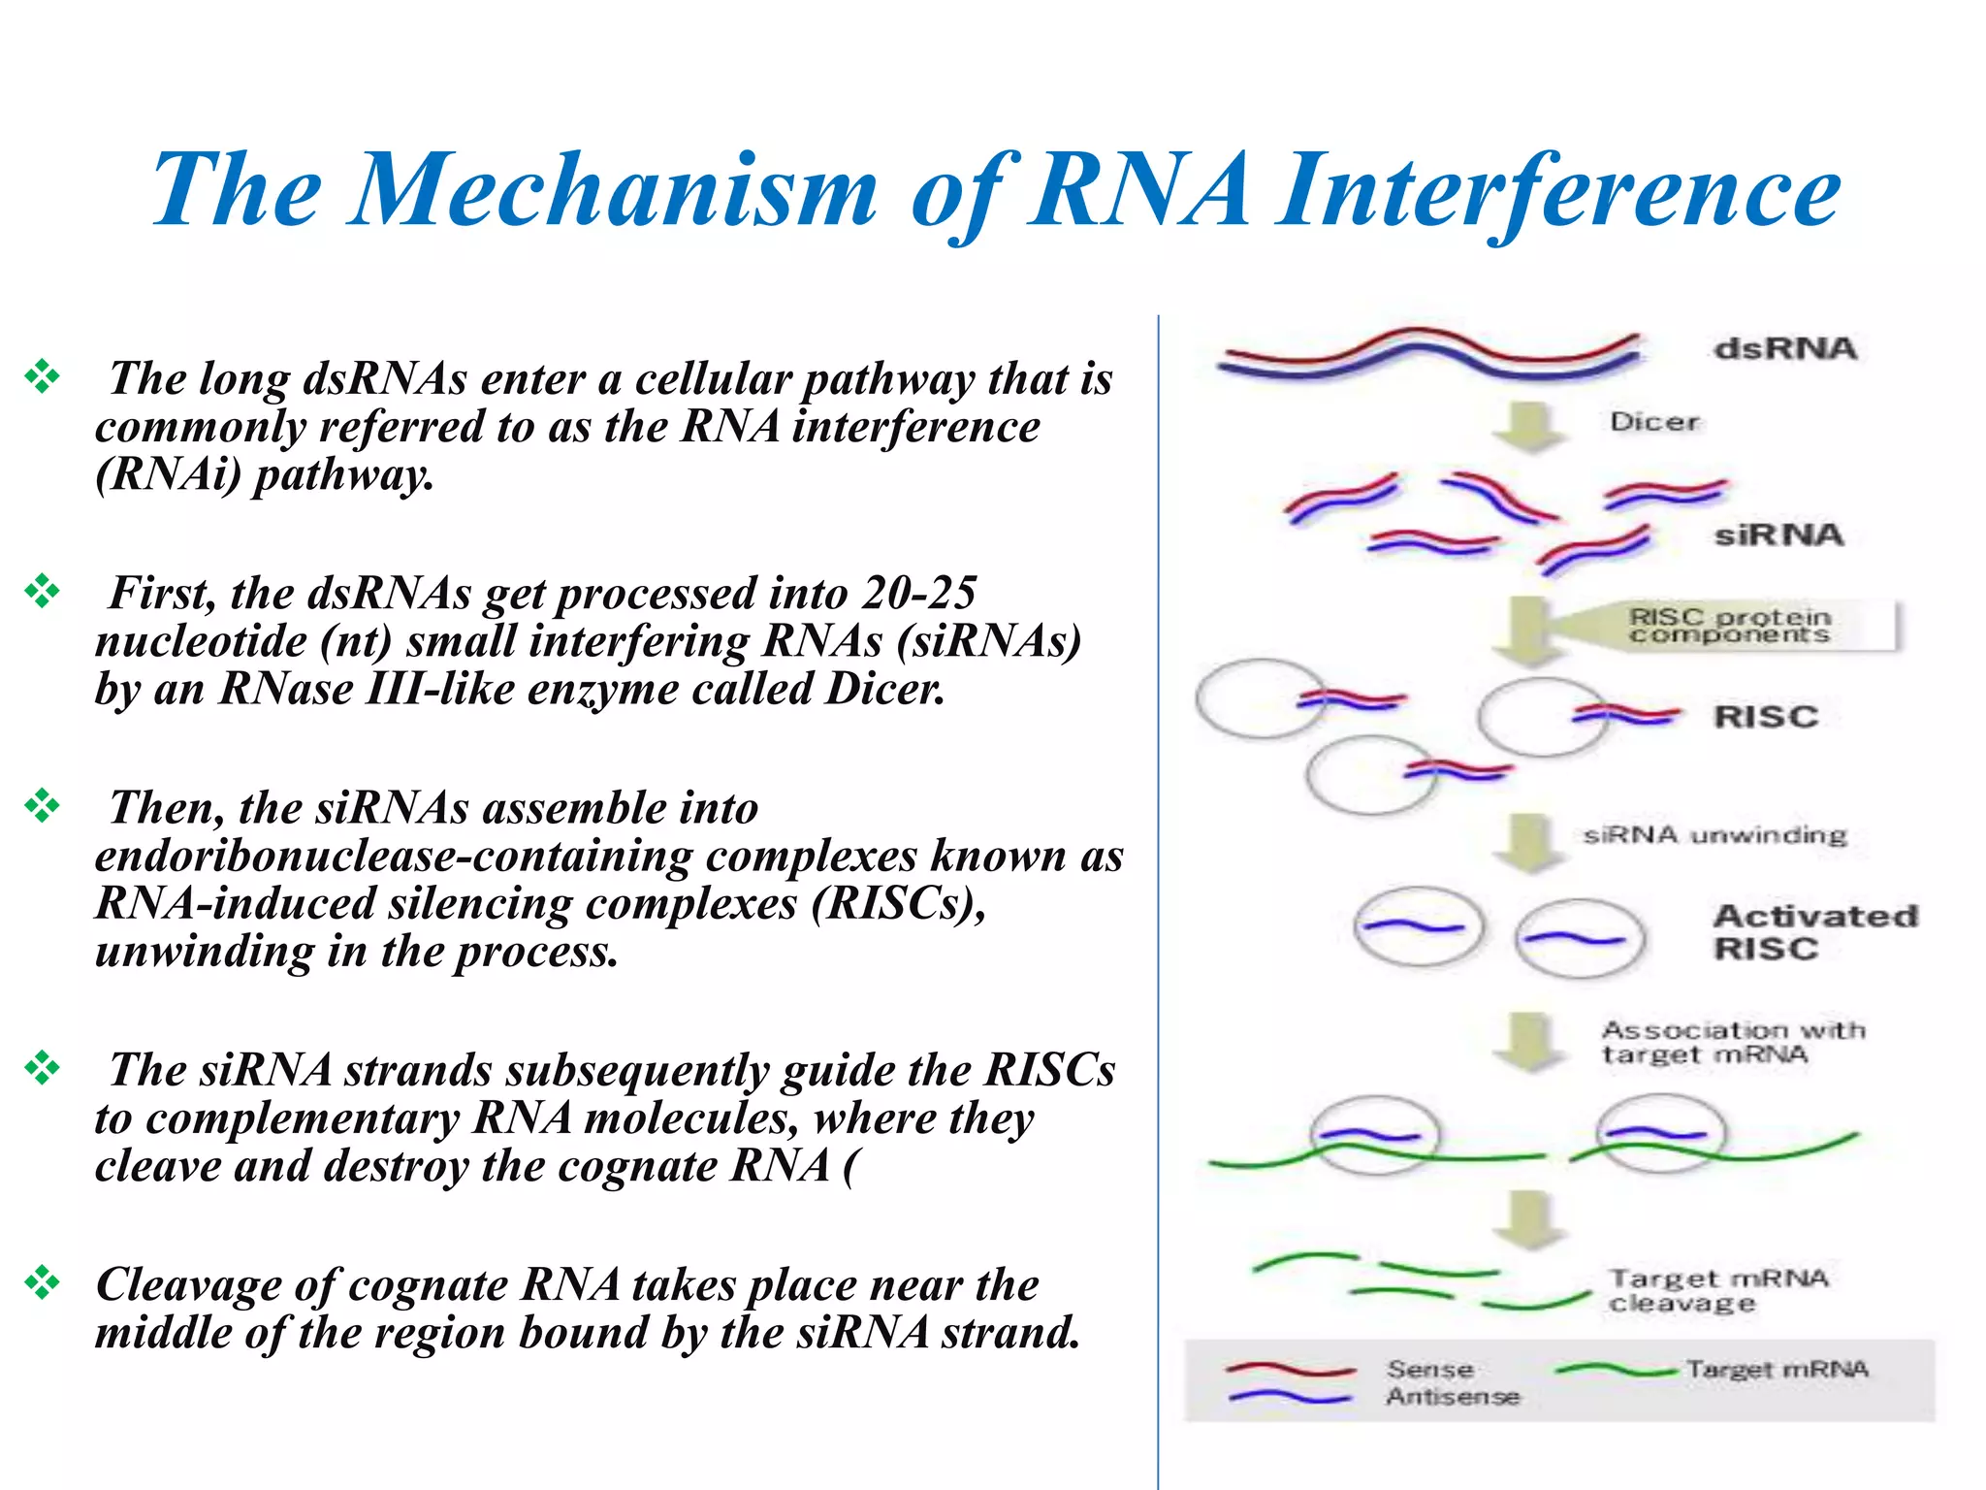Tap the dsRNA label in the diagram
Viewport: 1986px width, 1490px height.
[1784, 348]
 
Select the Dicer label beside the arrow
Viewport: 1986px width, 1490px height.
[1654, 422]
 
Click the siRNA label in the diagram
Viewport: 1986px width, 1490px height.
[1778, 534]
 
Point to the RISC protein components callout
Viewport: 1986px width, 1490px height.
[1730, 626]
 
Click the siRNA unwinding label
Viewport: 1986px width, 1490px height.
[1714, 835]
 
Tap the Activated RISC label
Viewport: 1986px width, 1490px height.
[1813, 931]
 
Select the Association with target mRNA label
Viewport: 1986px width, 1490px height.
[1732, 1042]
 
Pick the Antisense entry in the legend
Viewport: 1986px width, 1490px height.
[1452, 1397]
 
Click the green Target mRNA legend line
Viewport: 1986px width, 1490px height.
[1615, 1370]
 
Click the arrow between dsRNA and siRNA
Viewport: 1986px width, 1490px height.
[1529, 427]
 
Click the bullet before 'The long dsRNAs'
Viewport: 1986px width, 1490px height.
[43, 376]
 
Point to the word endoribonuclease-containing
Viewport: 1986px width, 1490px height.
[505, 856]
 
